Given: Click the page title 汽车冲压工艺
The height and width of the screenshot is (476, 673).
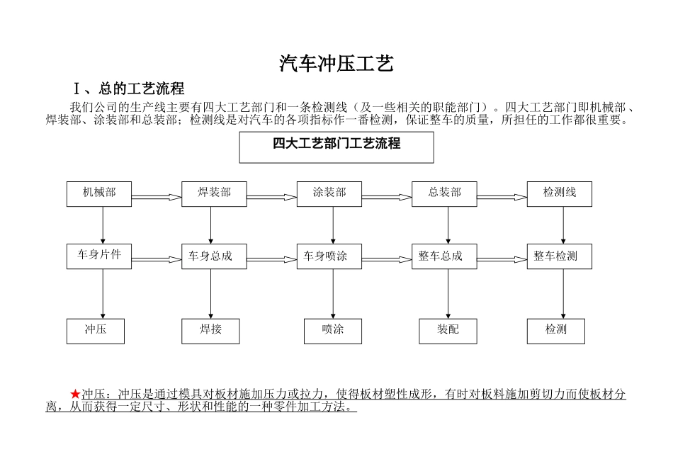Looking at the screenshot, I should click(x=336, y=64).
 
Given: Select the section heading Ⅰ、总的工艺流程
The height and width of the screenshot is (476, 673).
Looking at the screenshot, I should click(x=129, y=89).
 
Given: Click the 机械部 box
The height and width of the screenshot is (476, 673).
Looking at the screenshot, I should click(x=99, y=193).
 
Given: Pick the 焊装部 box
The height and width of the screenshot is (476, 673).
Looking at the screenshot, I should click(x=214, y=193).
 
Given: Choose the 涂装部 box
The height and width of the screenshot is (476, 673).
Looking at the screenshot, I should click(x=329, y=193).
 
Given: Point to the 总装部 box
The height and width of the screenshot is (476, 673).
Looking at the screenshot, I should click(x=444, y=193).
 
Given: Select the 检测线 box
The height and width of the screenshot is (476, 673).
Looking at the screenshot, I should click(x=560, y=193).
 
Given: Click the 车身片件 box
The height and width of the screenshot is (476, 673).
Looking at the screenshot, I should click(x=99, y=256).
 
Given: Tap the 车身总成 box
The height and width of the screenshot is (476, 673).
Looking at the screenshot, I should click(x=214, y=256).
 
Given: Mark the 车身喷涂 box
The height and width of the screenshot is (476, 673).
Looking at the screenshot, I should click(x=329, y=256).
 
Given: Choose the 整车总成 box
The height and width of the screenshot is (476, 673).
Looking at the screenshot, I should click(x=444, y=256).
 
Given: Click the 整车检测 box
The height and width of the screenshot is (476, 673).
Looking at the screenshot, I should click(x=560, y=256).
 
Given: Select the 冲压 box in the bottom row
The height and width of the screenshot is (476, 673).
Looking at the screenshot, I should click(x=96, y=331).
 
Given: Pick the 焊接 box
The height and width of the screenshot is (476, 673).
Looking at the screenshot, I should click(x=211, y=331).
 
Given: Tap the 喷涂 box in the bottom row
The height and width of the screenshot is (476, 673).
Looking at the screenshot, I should click(x=333, y=331).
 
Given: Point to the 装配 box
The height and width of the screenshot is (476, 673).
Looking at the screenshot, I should click(x=448, y=331).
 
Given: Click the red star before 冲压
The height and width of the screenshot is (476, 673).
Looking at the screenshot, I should click(x=76, y=394).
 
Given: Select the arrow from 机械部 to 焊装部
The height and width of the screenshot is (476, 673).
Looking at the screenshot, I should click(x=157, y=197).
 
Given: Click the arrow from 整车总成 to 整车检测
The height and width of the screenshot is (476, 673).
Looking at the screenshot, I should click(x=502, y=259).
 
